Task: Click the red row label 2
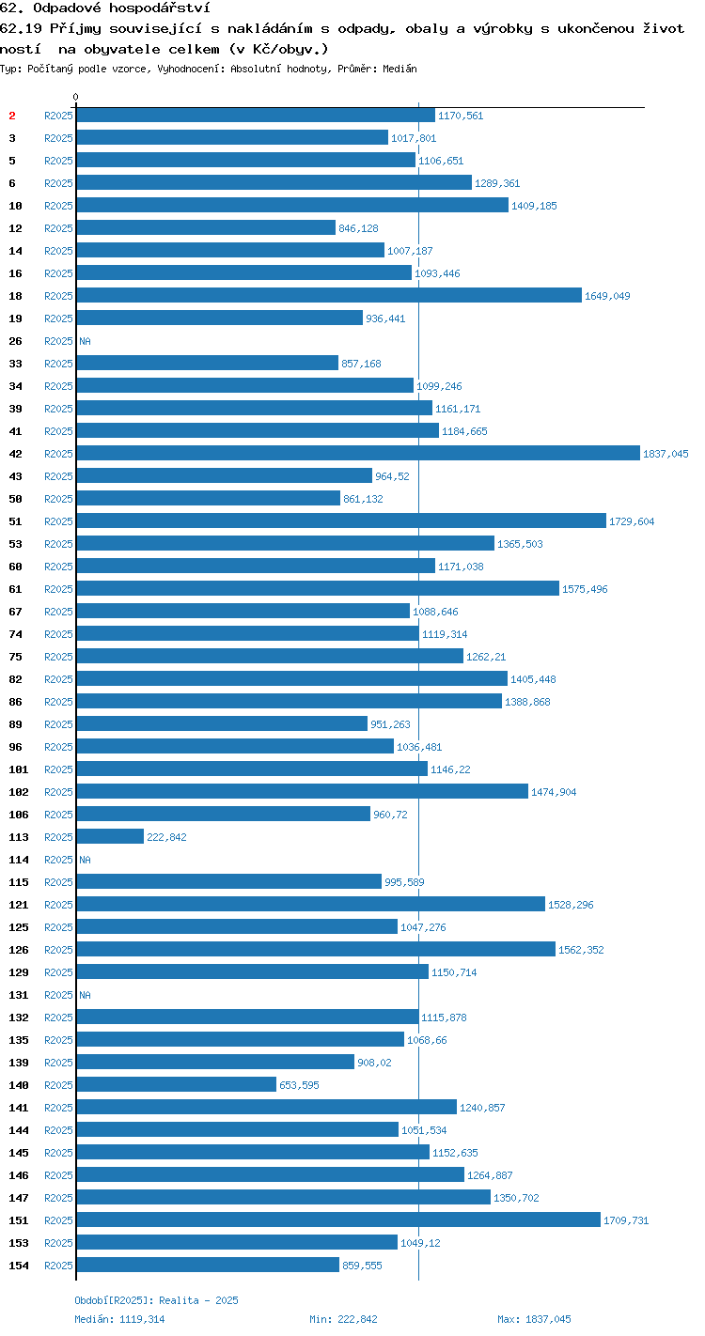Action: [12, 116]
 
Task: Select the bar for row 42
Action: [358, 453]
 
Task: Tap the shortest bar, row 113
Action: [110, 836]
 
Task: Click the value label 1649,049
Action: [607, 296]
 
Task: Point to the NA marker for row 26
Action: [85, 341]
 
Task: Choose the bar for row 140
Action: [177, 1084]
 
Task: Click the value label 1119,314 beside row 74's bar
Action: [445, 634]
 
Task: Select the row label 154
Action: [19, 1265]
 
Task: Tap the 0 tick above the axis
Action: [76, 97]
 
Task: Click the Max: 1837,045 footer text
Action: [534, 1319]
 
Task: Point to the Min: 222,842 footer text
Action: [343, 1319]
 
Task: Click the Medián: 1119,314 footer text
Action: [119, 1319]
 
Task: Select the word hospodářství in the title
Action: [160, 8]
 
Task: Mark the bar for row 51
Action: [341, 520]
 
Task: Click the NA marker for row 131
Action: [85, 995]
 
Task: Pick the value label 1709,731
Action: [626, 1220]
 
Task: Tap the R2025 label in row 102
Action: [58, 792]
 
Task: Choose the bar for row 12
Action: [206, 228]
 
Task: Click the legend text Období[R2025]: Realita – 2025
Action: [156, 1300]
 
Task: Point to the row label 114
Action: [19, 860]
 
